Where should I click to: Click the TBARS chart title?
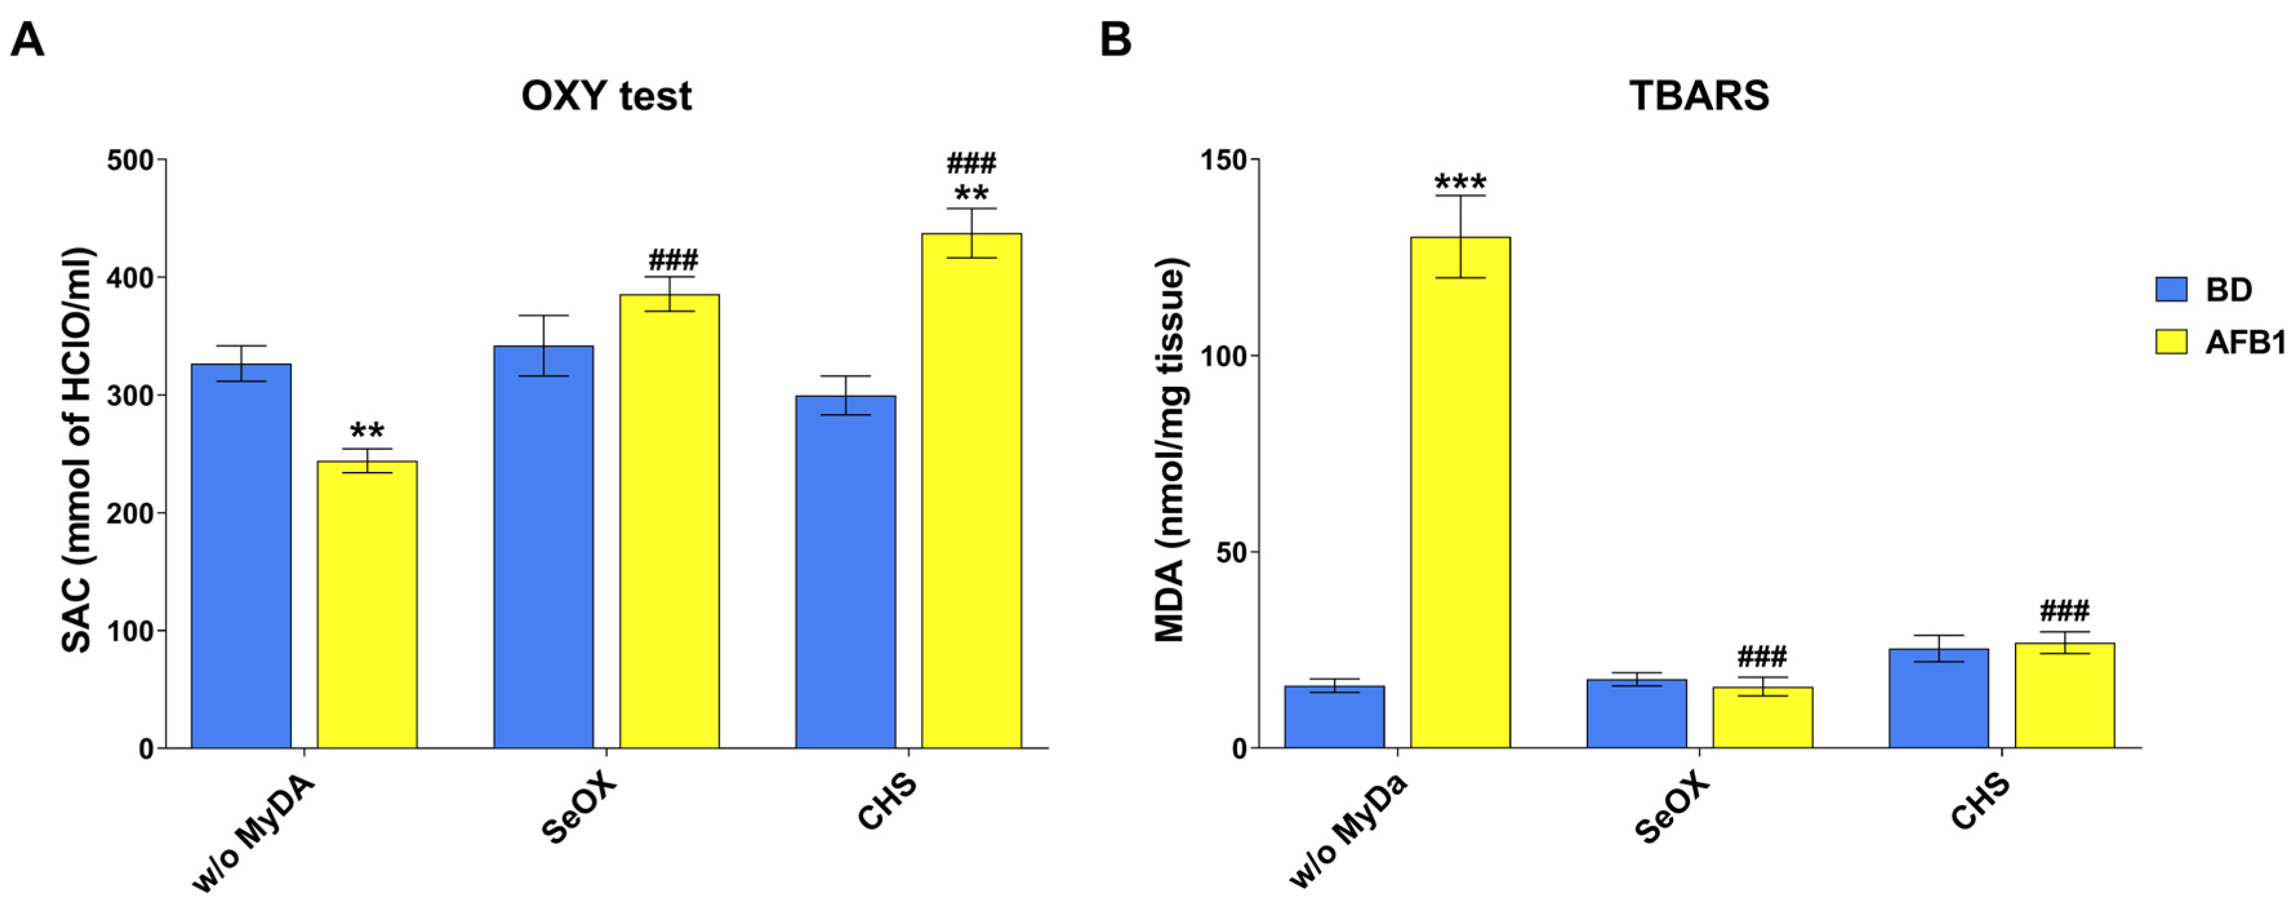tap(1698, 96)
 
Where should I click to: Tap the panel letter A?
tap(28, 40)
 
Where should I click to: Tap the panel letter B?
tap(1116, 40)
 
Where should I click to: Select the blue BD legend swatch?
tap(2171, 289)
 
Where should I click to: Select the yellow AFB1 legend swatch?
tap(2171, 342)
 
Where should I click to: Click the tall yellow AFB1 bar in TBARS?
tap(1460, 498)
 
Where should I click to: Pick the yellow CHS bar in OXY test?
tap(971, 498)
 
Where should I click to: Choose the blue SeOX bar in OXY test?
tap(544, 552)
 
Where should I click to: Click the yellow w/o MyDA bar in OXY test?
tap(367, 605)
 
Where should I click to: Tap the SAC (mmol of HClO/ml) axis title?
tap(79, 449)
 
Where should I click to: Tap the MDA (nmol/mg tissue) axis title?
tap(1171, 449)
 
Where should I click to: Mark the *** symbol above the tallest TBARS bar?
tap(1460, 183)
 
